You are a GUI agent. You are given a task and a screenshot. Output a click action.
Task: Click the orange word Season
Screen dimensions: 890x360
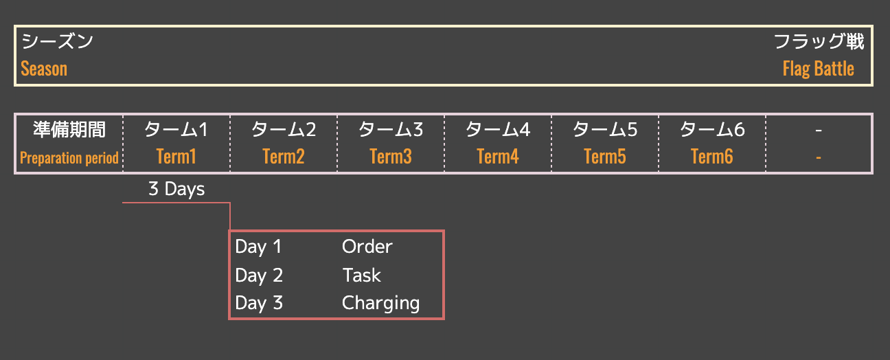click(x=44, y=69)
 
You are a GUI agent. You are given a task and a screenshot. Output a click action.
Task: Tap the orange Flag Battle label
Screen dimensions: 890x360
click(x=819, y=69)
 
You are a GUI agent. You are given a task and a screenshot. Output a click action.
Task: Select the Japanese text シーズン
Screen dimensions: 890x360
click(x=57, y=42)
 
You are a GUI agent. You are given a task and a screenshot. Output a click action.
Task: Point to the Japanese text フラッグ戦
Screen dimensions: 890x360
click(x=819, y=42)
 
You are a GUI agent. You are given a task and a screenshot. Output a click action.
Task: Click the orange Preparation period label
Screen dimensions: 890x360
click(x=69, y=158)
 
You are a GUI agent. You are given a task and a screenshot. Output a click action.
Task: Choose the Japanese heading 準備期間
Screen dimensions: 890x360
click(x=69, y=129)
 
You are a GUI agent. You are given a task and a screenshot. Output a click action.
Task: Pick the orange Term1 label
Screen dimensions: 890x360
click(x=176, y=157)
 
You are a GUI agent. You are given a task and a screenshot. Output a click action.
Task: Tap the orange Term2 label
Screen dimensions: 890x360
click(x=284, y=157)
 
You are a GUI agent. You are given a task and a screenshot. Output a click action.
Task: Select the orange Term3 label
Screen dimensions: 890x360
click(x=391, y=157)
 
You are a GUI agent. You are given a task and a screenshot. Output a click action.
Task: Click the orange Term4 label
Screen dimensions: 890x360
click(x=498, y=157)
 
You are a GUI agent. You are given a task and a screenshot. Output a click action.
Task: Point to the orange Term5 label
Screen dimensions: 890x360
click(x=605, y=157)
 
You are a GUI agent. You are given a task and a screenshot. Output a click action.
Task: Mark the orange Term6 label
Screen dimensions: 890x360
click(x=712, y=157)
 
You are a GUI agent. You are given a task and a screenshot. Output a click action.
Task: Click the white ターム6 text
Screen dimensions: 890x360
click(x=712, y=129)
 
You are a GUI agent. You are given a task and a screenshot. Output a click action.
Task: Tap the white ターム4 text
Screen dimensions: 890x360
click(x=498, y=129)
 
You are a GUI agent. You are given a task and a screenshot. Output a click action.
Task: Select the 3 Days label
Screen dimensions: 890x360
click(x=176, y=190)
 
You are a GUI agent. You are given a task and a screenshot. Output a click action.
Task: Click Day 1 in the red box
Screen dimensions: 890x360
click(x=258, y=247)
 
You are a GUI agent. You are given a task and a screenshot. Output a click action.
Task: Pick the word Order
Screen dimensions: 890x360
click(x=367, y=247)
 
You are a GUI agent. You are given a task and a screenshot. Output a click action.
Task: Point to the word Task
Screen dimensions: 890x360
click(x=361, y=275)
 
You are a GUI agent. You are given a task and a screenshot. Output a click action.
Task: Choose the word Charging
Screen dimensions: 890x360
click(x=380, y=304)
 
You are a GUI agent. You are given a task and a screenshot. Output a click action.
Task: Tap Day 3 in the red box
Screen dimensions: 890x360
click(x=259, y=304)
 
